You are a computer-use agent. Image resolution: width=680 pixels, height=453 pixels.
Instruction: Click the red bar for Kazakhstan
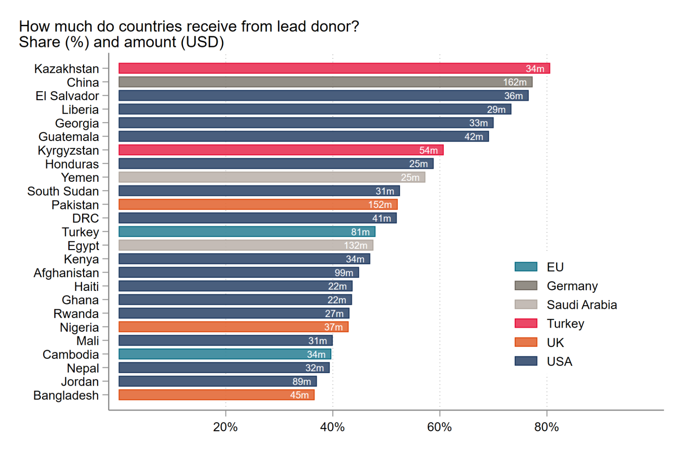pyautogui.click(x=333, y=68)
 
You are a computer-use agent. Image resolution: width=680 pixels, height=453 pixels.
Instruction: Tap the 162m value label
pyautogui.click(x=515, y=82)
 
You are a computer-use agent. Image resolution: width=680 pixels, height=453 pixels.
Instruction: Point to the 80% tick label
pyautogui.click(x=546, y=427)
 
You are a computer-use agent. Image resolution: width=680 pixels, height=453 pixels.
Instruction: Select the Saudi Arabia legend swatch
pyautogui.click(x=526, y=304)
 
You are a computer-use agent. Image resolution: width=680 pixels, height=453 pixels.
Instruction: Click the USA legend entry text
pyautogui.click(x=559, y=362)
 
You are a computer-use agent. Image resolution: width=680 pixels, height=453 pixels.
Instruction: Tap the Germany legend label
pyautogui.click(x=572, y=286)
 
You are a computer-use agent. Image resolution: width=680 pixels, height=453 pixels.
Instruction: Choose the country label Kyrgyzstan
pyautogui.click(x=68, y=151)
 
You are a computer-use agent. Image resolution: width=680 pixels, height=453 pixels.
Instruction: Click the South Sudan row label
pyautogui.click(x=63, y=191)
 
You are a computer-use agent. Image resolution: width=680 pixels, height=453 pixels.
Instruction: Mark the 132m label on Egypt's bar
pyautogui.click(x=355, y=245)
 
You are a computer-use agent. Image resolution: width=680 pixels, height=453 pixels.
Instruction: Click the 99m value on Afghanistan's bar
pyautogui.click(x=344, y=273)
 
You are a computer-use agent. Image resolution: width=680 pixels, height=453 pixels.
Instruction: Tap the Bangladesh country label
pyautogui.click(x=66, y=396)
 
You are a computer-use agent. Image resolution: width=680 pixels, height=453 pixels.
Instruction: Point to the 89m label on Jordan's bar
pyautogui.click(x=301, y=382)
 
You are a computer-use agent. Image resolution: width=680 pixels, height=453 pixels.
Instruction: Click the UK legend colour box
pyautogui.click(x=526, y=342)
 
